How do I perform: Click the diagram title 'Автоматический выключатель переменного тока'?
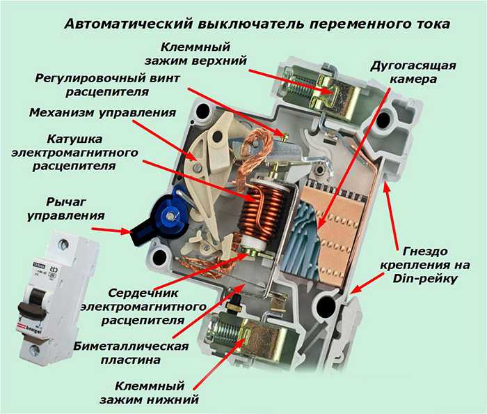[257, 24]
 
